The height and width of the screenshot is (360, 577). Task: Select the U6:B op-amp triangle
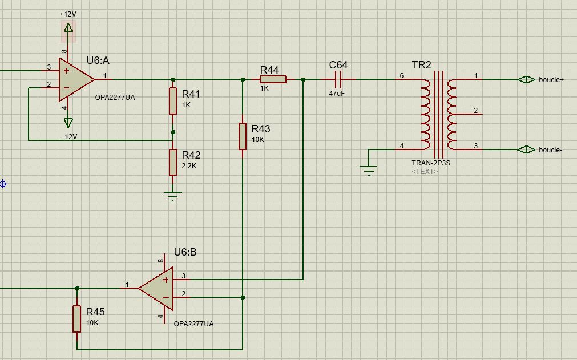158,288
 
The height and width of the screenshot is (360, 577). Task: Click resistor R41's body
173,101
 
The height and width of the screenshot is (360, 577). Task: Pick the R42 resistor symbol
173,162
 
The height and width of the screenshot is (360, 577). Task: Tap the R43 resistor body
243,136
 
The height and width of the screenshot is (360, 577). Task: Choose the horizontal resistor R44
273,80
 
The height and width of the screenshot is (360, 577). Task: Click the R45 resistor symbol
77,319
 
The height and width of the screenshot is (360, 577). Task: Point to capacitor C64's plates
338,80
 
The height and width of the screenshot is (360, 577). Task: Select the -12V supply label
70,137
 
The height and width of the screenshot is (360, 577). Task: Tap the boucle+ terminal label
551,80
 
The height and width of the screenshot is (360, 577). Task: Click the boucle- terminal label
550,150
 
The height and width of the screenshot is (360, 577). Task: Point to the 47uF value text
337,93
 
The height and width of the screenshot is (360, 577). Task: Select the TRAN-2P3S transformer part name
431,163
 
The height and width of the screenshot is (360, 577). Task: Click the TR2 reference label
421,65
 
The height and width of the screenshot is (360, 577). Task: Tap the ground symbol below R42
173,195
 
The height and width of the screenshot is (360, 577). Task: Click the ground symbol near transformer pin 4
369,169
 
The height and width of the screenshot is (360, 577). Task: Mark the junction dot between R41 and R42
173,132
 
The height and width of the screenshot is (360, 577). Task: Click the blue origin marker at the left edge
3,184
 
